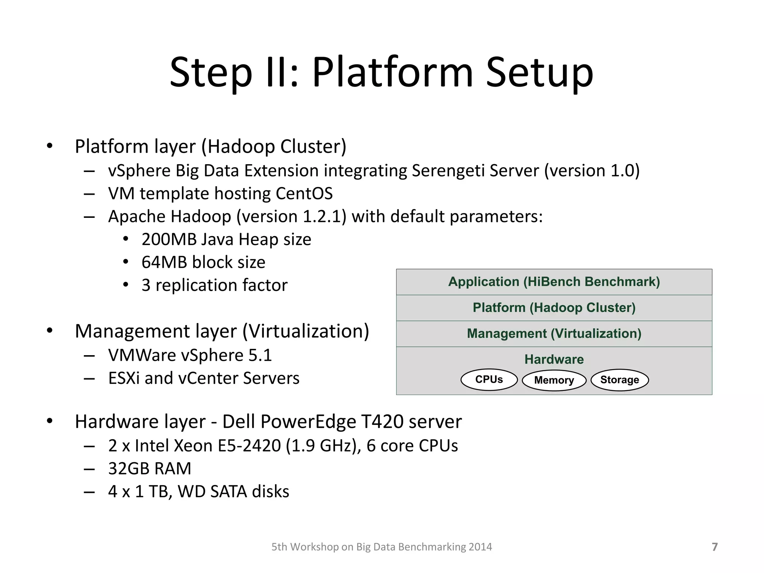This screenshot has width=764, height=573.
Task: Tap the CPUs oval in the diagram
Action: [489, 380]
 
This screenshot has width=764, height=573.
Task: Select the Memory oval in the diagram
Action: [554, 381]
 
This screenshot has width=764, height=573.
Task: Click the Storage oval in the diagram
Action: [620, 380]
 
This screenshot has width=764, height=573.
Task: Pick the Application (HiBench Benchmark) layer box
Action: [554, 282]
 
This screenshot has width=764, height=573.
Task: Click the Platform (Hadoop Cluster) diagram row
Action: [554, 308]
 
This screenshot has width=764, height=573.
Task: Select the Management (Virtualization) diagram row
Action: [554, 334]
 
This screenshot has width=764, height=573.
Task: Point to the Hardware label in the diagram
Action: [554, 359]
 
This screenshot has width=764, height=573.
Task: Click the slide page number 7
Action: [714, 547]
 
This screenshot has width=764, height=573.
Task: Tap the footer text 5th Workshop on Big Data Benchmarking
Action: [381, 547]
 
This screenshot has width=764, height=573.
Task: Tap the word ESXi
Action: [124, 378]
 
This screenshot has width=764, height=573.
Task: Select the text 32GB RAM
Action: [150, 469]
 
